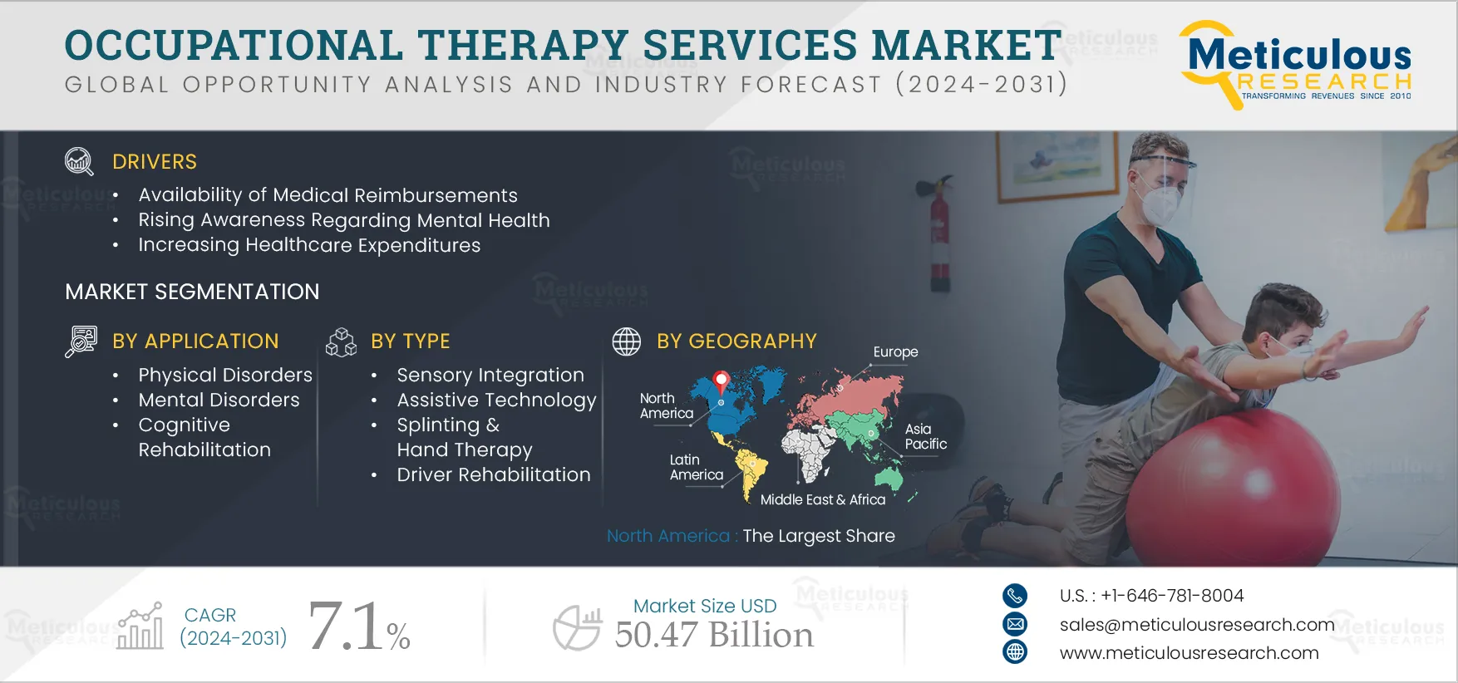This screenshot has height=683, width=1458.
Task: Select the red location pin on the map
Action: (722, 383)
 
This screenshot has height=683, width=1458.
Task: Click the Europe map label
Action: (895, 352)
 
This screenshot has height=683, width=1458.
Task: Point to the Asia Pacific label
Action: (925, 436)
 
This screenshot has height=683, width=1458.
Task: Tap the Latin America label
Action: (697, 467)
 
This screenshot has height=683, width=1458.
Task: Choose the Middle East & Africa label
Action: (823, 499)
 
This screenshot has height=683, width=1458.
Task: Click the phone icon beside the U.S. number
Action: (1015, 596)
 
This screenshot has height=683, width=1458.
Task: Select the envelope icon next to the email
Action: (1015, 624)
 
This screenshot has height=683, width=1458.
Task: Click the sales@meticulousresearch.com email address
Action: (1197, 625)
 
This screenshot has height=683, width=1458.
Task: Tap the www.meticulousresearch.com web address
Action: (1189, 653)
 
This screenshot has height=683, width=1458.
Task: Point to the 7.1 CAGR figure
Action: (347, 626)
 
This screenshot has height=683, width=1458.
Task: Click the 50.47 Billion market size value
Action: (714, 635)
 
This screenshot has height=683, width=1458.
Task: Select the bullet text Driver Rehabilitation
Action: (494, 474)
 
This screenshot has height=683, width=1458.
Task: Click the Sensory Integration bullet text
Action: (490, 376)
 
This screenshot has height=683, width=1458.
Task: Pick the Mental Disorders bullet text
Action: (219, 400)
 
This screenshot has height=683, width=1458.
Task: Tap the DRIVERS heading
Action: (155, 162)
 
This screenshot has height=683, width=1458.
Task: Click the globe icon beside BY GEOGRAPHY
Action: (627, 341)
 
